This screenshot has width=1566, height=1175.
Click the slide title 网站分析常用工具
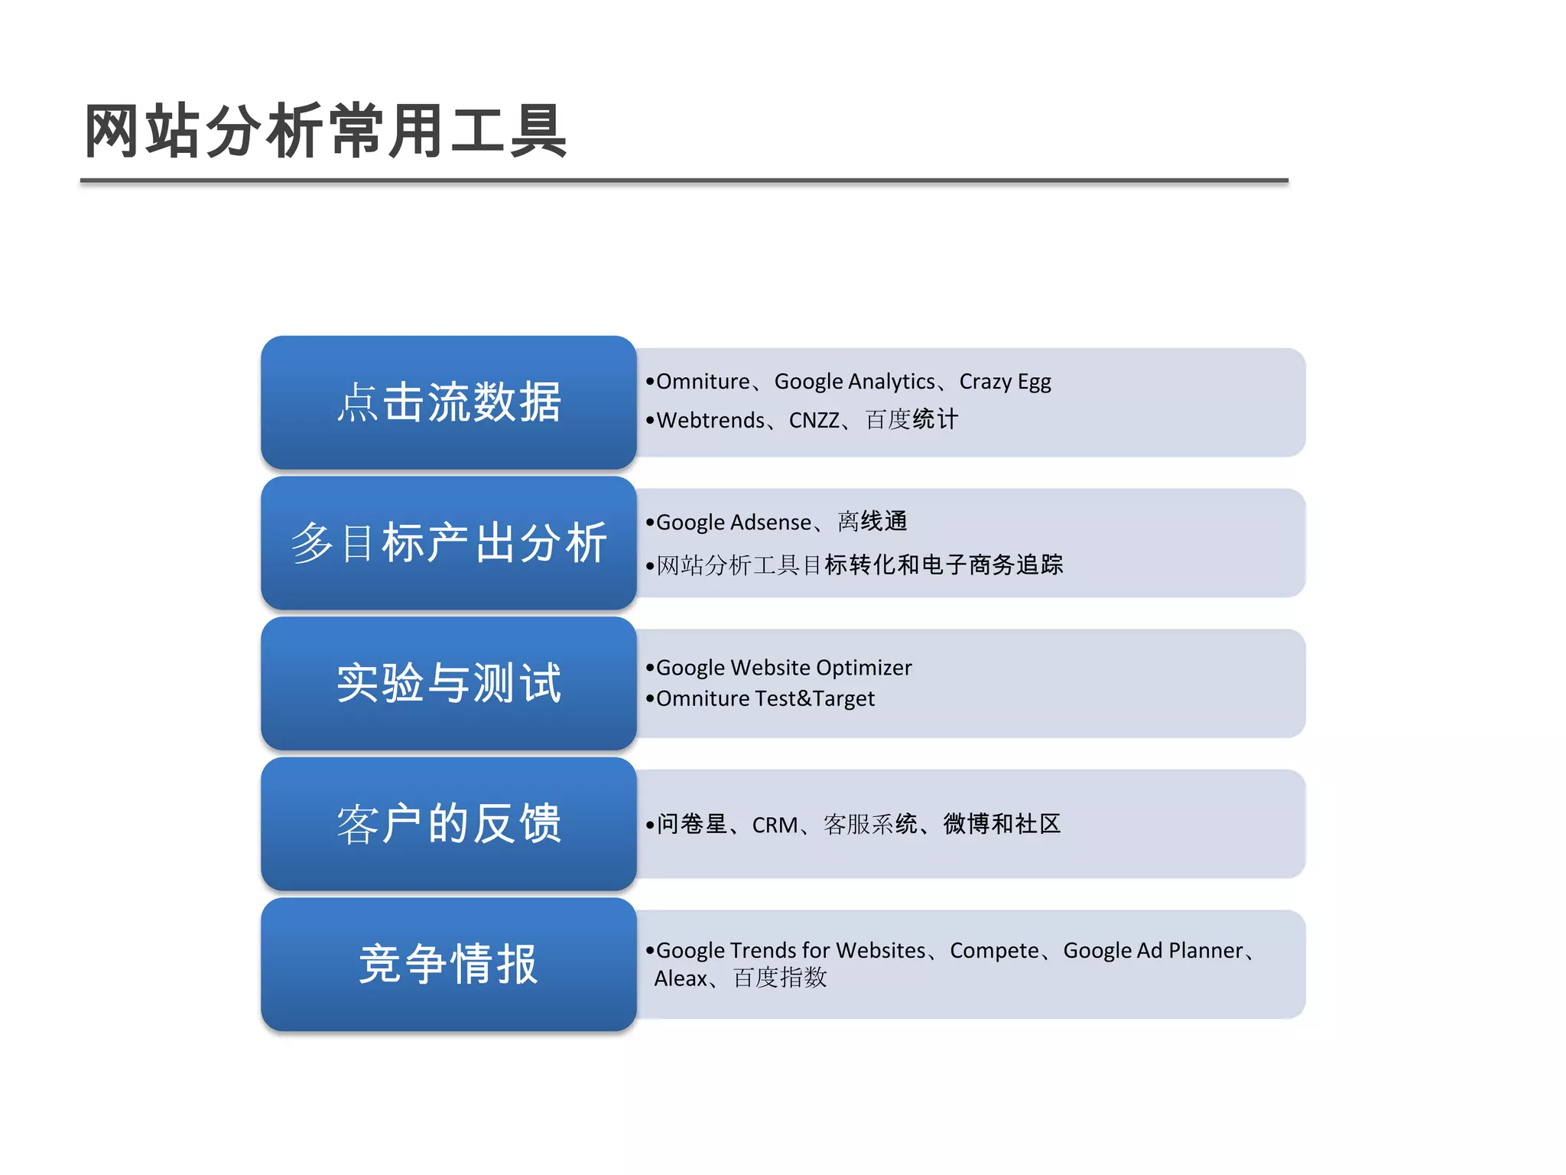click(325, 132)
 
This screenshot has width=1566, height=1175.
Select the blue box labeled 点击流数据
click(449, 402)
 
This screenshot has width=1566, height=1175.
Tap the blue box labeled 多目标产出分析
click(449, 543)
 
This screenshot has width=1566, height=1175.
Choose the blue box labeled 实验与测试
click(449, 683)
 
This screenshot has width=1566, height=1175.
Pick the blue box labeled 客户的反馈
click(449, 824)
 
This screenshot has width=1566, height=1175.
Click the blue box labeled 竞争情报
click(449, 965)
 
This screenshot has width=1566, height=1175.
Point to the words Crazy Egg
click(1005, 381)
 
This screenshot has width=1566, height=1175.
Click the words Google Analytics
click(854, 381)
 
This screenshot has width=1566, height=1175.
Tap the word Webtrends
click(710, 420)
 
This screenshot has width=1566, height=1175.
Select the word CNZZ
click(814, 420)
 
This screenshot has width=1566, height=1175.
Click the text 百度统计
click(911, 419)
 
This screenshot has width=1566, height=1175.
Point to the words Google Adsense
click(733, 522)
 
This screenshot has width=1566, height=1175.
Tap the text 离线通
click(872, 522)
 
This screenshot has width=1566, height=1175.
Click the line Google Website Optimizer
click(784, 668)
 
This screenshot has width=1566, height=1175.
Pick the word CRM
click(774, 825)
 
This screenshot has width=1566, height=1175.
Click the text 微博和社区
click(1002, 824)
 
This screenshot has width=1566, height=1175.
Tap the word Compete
click(994, 950)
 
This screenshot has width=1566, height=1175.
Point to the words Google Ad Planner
click(1153, 950)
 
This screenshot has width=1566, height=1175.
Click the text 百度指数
click(779, 978)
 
